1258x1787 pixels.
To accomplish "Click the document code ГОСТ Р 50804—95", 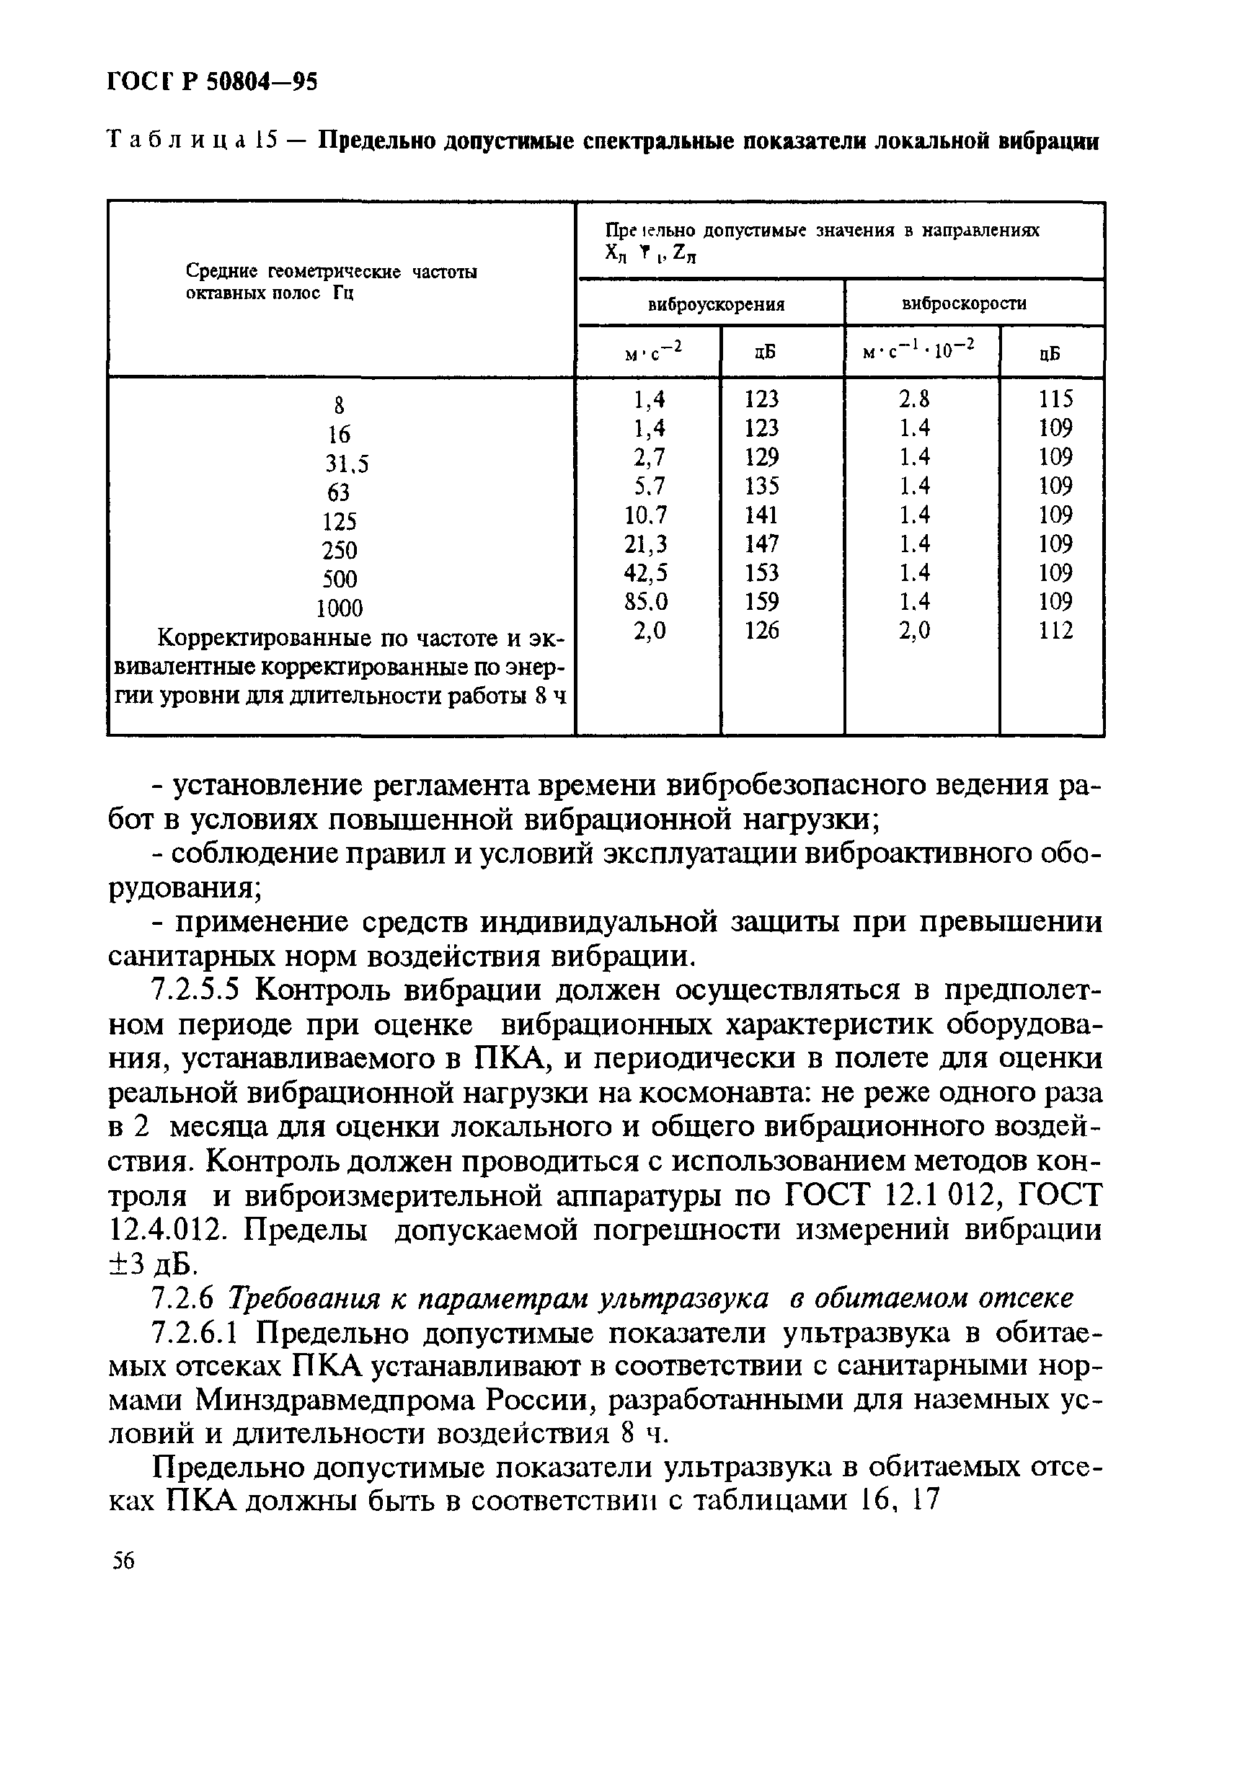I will pyautogui.click(x=212, y=81).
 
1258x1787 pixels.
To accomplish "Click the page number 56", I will pyautogui.click(x=123, y=1561).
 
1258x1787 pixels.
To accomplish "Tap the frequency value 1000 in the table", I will pyautogui.click(x=340, y=608).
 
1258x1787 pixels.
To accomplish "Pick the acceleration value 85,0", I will pyautogui.click(x=645, y=602).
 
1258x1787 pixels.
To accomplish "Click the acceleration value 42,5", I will pyautogui.click(x=645, y=573).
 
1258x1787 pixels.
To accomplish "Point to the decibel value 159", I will pyautogui.click(x=761, y=602).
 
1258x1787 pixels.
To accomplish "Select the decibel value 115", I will pyautogui.click(x=1055, y=399).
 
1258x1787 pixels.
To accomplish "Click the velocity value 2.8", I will pyautogui.click(x=914, y=399).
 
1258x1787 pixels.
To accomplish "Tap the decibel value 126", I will pyautogui.click(x=761, y=631).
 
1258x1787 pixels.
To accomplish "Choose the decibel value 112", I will pyautogui.click(x=1055, y=631).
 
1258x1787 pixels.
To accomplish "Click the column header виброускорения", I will pyautogui.click(x=716, y=304).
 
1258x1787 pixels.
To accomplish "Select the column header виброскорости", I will pyautogui.click(x=964, y=303).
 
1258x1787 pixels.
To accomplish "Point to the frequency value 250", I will pyautogui.click(x=340, y=550).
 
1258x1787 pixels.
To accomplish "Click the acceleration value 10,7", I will pyautogui.click(x=645, y=515).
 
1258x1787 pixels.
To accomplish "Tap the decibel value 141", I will pyautogui.click(x=761, y=515).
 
